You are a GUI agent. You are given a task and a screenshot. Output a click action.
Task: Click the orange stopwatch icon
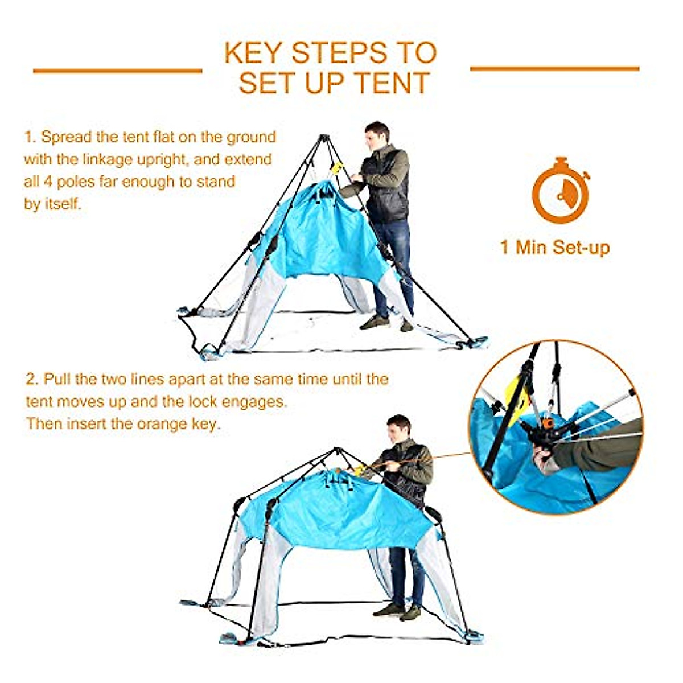point(560,190)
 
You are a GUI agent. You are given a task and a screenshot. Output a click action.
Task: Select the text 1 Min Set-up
point(555,248)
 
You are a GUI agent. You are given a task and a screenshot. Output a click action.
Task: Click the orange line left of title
point(117,71)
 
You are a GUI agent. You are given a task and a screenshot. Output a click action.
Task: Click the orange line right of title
point(554,69)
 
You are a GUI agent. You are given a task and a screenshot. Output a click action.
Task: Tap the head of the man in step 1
point(377,135)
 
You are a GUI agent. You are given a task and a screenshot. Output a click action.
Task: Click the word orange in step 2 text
point(161,424)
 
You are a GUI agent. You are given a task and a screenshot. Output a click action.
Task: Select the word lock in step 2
point(203,401)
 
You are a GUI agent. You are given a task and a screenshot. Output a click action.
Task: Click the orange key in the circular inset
point(548,423)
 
